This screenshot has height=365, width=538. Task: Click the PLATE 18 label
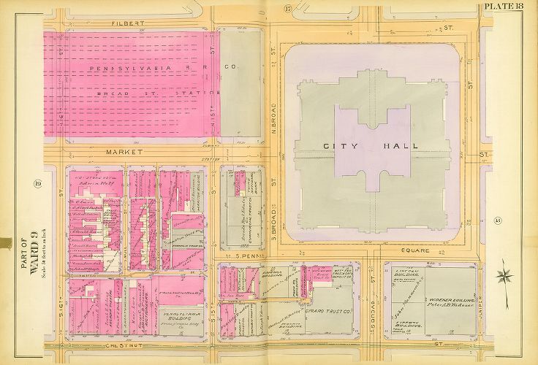coord(509,7)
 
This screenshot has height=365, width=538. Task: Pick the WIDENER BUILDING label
coord(455,300)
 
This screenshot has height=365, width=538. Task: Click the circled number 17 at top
coord(288,9)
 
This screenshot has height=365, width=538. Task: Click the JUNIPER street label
coord(482,295)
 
